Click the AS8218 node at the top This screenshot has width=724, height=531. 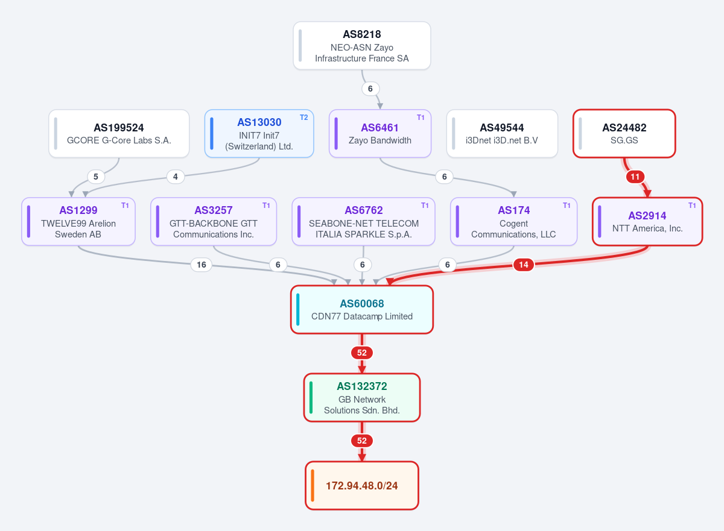(361, 46)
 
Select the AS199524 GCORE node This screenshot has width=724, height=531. (119, 134)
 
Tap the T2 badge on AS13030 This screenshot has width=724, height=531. (303, 118)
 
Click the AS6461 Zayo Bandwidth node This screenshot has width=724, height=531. (379, 134)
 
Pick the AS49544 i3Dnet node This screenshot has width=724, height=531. (502, 134)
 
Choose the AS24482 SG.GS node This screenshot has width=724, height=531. (624, 134)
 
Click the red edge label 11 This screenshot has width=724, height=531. (635, 177)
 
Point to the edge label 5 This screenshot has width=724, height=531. (96, 177)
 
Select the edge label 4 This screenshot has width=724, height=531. (176, 177)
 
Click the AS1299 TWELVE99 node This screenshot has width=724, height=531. (78, 221)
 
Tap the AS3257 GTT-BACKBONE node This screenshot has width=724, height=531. (214, 221)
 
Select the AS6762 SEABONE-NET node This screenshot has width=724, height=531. (363, 221)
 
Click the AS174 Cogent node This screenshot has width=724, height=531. (513, 221)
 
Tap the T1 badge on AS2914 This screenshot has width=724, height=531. (692, 206)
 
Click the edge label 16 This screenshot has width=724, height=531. (202, 265)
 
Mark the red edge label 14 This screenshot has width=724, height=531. (524, 265)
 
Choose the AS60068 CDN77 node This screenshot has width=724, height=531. (361, 310)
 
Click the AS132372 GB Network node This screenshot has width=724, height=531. (361, 398)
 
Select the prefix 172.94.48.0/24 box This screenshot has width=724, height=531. (361, 485)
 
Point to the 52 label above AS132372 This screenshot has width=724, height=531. (361, 353)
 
